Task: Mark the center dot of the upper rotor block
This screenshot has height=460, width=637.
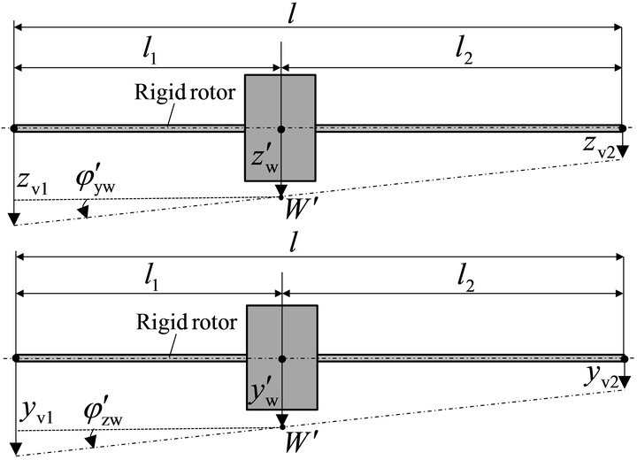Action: (280, 129)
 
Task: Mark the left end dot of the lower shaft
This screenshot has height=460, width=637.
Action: (15, 358)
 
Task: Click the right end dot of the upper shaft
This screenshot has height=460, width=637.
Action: (625, 128)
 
